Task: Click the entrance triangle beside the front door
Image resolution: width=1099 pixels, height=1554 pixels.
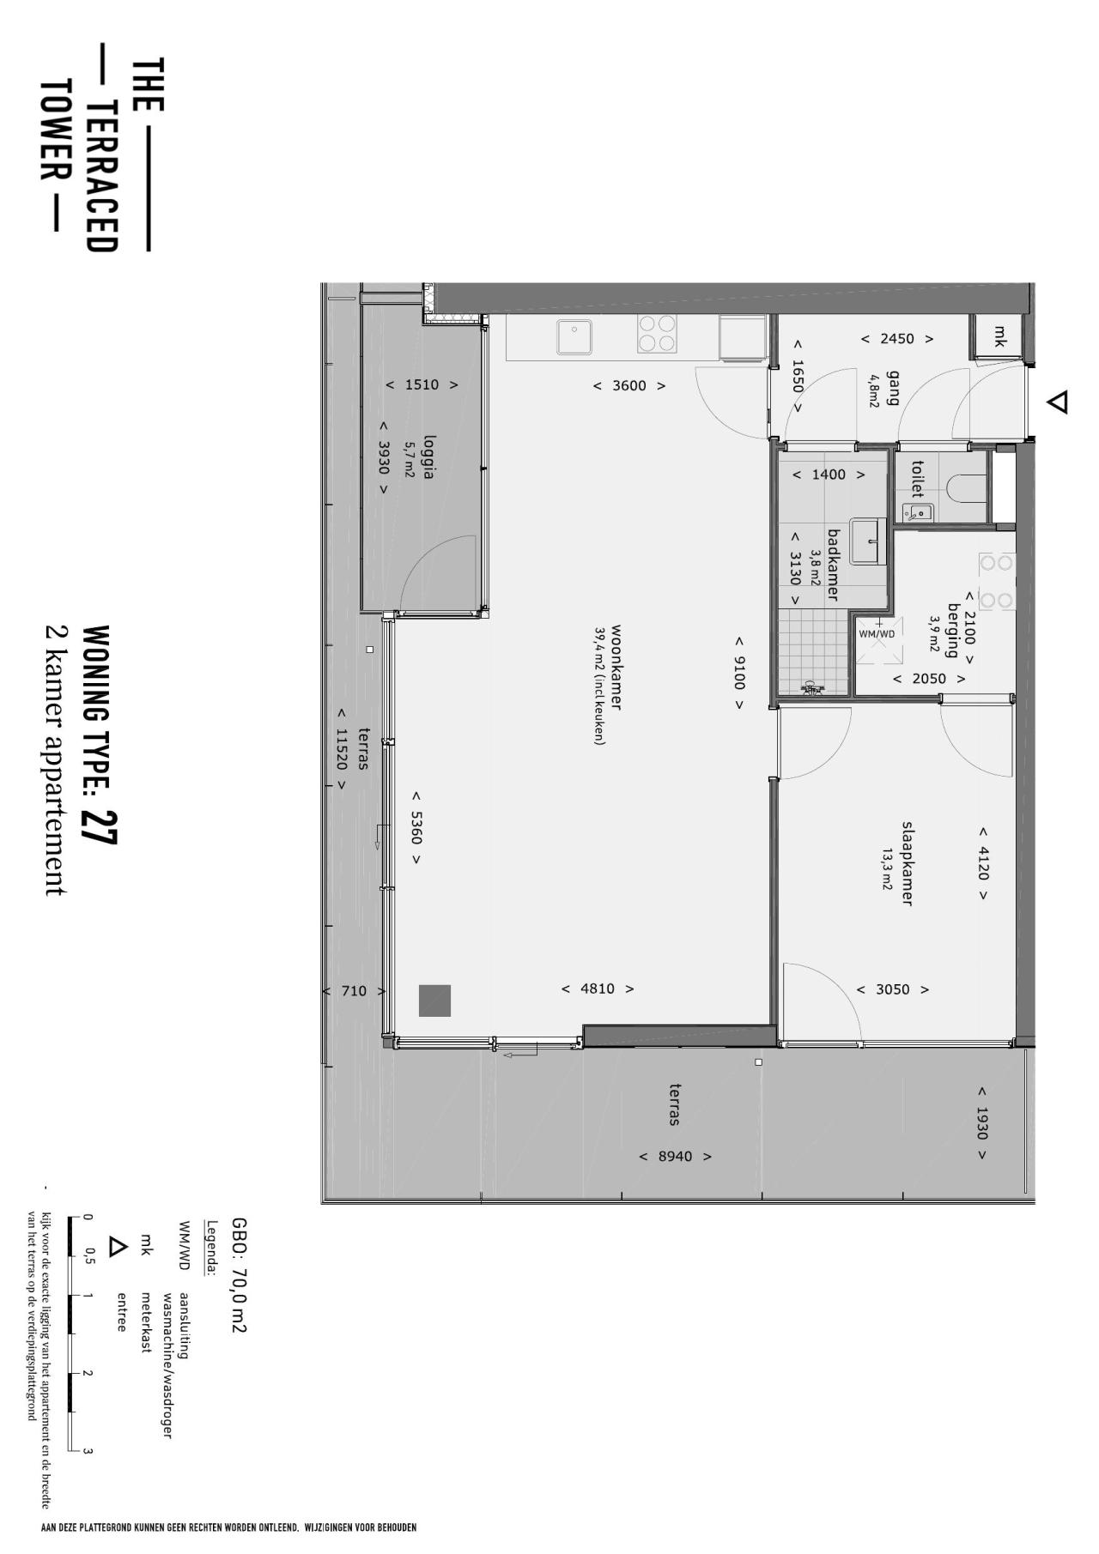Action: pyautogui.click(x=1059, y=402)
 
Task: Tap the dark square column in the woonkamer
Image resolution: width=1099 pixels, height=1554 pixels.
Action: pyautogui.click(x=434, y=1001)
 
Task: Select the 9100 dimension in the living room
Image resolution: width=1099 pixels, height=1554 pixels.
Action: pyautogui.click(x=738, y=673)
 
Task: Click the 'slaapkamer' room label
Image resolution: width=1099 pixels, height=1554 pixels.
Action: pyautogui.click(x=906, y=863)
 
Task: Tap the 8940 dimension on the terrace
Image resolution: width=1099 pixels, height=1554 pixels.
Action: pyautogui.click(x=676, y=1156)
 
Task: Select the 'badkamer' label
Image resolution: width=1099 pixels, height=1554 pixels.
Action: pyautogui.click(x=833, y=565)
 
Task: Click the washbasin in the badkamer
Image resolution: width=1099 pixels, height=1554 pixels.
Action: pyautogui.click(x=868, y=541)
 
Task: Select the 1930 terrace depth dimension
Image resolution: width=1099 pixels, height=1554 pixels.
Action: pyautogui.click(x=981, y=1123)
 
